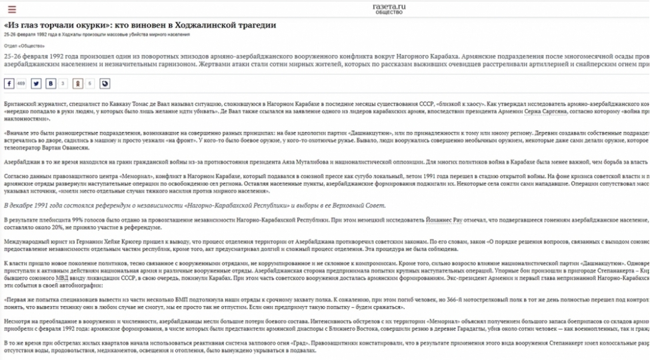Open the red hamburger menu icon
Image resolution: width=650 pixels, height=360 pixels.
12,10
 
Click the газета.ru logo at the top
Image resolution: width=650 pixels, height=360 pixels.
389,8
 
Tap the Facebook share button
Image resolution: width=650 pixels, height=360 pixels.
9,84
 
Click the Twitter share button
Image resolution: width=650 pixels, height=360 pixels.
36,84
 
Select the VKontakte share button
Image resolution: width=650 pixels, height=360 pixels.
51,84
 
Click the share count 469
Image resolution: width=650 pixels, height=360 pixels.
21,84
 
